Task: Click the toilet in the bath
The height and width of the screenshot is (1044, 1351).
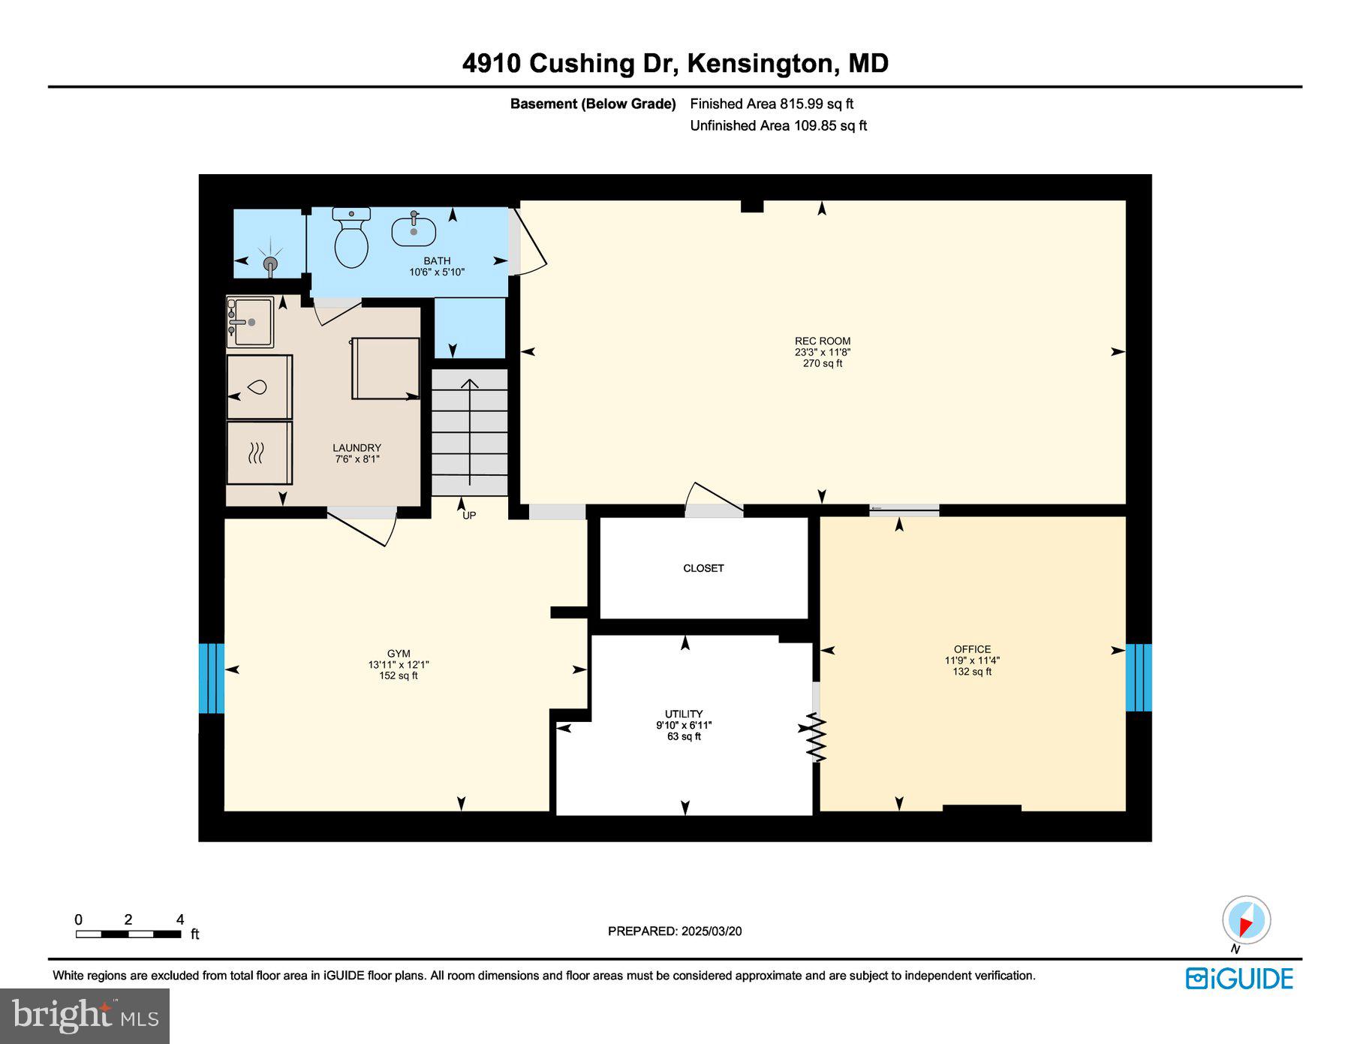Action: [351, 239]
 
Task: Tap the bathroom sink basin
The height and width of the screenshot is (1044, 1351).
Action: [414, 231]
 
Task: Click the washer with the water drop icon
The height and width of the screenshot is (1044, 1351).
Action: [259, 387]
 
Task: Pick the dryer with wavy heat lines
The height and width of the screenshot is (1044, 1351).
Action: [259, 453]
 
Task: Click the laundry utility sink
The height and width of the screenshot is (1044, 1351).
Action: [251, 322]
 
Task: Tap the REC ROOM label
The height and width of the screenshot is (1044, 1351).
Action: [823, 341]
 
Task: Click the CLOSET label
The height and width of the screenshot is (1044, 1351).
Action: [703, 568]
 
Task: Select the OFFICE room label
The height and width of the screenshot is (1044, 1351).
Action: [972, 649]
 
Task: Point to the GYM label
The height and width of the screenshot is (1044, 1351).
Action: [399, 654]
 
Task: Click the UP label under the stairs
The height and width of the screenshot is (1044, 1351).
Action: [469, 516]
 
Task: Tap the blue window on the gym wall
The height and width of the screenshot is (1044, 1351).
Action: [212, 678]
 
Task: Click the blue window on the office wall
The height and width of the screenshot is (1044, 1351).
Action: [1139, 677]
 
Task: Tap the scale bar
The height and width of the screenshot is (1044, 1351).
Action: [128, 934]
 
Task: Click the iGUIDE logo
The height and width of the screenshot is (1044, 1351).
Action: [1239, 979]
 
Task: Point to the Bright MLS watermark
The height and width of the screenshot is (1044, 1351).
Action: [85, 1016]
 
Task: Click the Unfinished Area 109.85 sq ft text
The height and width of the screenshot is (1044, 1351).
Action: [778, 125]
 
